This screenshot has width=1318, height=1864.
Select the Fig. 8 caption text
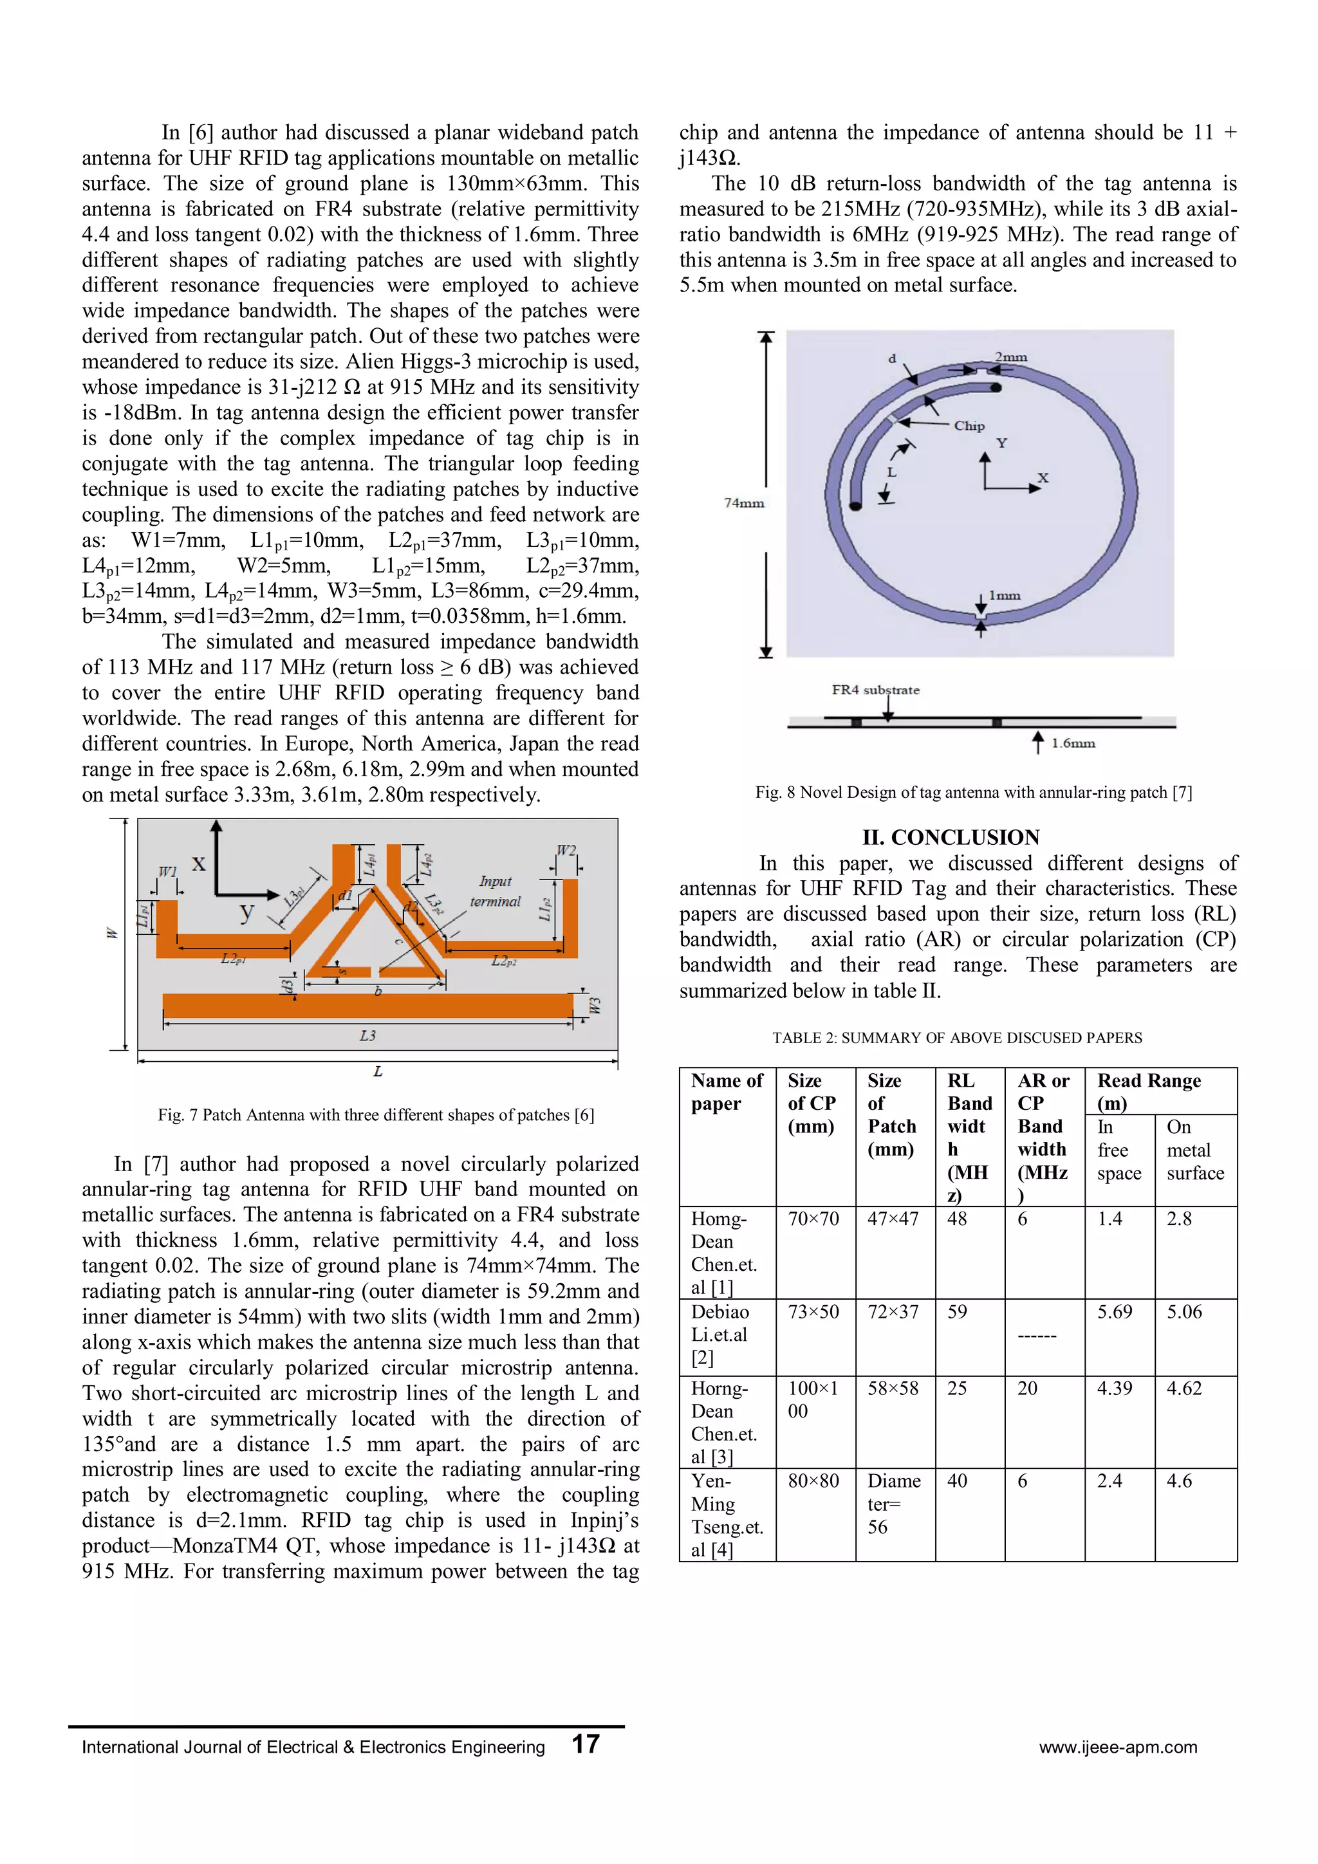tap(973, 792)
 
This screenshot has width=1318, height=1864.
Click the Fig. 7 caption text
tap(375, 1114)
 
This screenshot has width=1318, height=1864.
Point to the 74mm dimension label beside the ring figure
tap(744, 503)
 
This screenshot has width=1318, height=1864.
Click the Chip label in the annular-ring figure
tap(969, 425)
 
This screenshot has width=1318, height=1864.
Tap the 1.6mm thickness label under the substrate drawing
tap(1073, 743)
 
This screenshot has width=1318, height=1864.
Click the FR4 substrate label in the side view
tap(875, 690)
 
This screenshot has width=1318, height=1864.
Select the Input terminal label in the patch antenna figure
tap(496, 891)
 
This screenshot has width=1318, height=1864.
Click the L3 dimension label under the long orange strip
tap(368, 1036)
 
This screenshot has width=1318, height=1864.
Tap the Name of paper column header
tap(727, 1092)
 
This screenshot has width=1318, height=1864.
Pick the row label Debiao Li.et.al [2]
tap(719, 1334)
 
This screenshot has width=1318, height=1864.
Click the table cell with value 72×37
tap(893, 1312)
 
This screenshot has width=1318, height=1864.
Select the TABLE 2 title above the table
tap(956, 1038)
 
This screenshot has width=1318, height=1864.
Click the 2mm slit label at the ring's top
tap(1011, 357)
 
